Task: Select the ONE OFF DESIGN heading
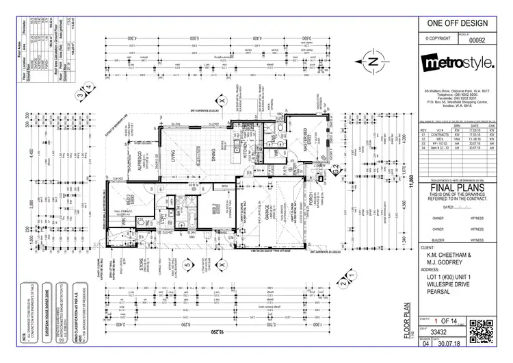point(457,23)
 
